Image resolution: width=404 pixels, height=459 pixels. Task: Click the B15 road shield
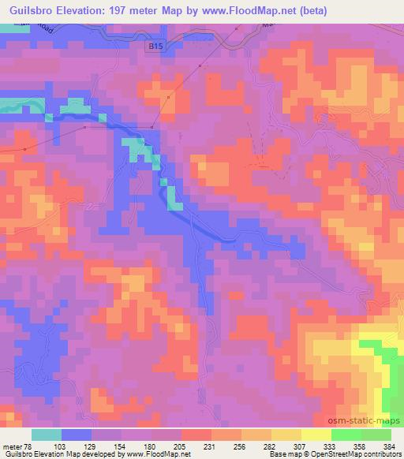click(x=157, y=48)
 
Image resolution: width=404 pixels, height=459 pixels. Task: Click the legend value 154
click(x=122, y=446)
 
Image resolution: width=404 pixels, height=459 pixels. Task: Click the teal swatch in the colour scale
click(x=47, y=435)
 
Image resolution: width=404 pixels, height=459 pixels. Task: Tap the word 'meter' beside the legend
click(x=13, y=446)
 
